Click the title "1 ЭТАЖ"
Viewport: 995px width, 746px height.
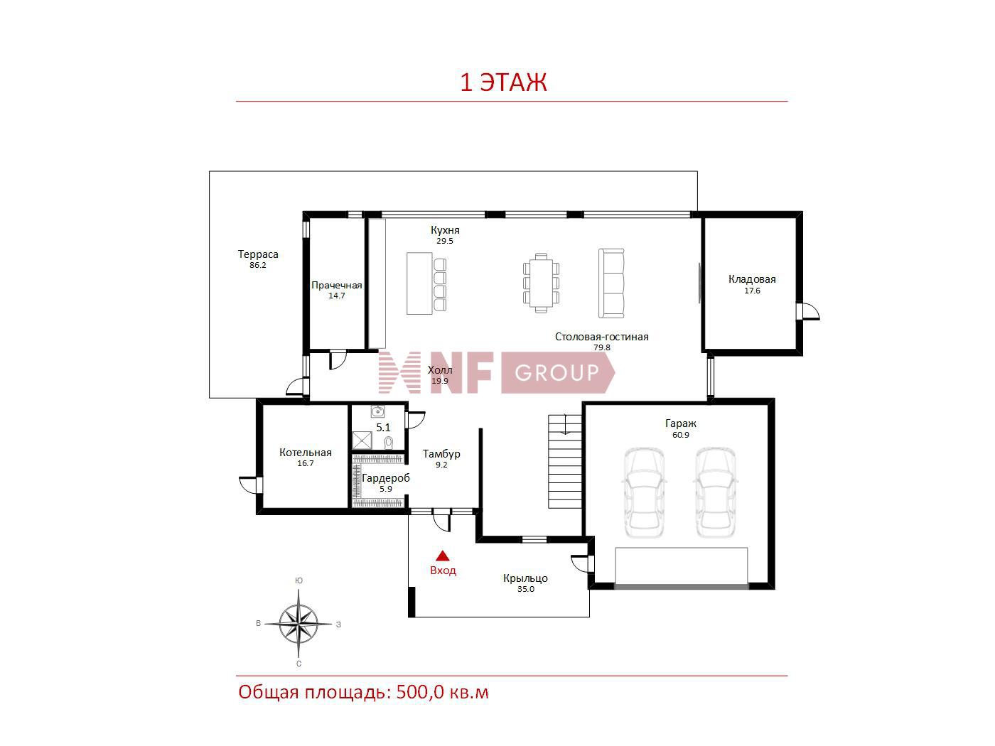click(x=503, y=82)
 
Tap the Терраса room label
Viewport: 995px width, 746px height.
click(x=258, y=254)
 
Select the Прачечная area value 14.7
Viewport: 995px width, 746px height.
click(x=336, y=296)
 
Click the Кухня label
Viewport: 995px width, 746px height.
click(x=445, y=230)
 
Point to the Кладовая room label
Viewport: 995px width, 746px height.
click(x=752, y=279)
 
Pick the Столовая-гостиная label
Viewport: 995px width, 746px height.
click(x=601, y=337)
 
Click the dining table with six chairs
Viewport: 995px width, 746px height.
click(x=541, y=283)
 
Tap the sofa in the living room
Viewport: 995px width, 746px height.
click(x=611, y=283)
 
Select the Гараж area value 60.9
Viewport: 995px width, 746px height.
click(x=680, y=435)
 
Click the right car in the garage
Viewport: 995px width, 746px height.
click(x=715, y=492)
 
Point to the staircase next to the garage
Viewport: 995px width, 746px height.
click(x=565, y=461)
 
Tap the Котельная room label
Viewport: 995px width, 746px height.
click(x=305, y=453)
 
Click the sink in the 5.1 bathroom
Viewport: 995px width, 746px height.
click(x=377, y=411)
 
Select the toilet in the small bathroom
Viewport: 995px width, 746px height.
click(x=389, y=442)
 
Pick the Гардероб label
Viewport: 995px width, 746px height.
click(x=386, y=478)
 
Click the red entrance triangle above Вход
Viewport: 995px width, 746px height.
click(x=443, y=556)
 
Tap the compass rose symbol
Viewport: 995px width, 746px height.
click(x=298, y=625)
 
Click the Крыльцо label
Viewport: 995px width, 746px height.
click(x=525, y=578)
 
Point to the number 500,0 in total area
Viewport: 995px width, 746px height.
click(x=420, y=693)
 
